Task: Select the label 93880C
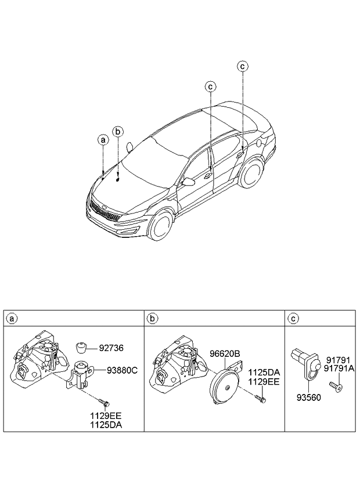121,370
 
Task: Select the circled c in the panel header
293,319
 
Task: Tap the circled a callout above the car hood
103,140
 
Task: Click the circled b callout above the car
118,132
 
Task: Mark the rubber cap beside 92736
82,348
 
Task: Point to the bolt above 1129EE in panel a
104,401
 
